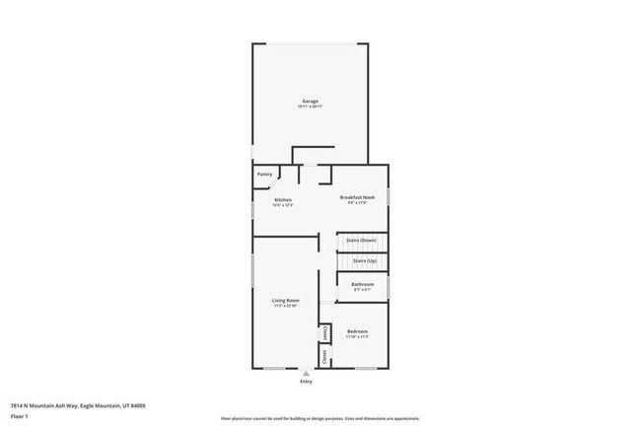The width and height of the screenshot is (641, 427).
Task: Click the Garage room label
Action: click(310, 101)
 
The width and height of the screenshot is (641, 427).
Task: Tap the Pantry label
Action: click(264, 175)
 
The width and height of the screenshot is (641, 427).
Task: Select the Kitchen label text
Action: click(283, 200)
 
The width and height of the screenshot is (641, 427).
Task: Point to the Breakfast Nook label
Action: click(357, 197)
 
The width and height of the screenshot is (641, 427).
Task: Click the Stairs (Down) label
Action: click(361, 240)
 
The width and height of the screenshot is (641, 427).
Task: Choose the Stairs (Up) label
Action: click(364, 260)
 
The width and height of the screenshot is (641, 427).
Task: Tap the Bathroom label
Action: click(362, 284)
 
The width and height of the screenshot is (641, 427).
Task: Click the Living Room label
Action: click(286, 300)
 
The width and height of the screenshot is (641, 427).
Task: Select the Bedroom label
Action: click(357, 330)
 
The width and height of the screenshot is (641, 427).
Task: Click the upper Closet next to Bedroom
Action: click(324, 333)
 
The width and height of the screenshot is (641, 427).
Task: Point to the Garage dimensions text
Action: click(310, 107)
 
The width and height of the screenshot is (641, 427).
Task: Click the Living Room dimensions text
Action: click(286, 306)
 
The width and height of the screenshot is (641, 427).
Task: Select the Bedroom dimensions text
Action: click(357, 336)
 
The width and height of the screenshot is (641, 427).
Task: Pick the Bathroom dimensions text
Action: click(362, 290)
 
